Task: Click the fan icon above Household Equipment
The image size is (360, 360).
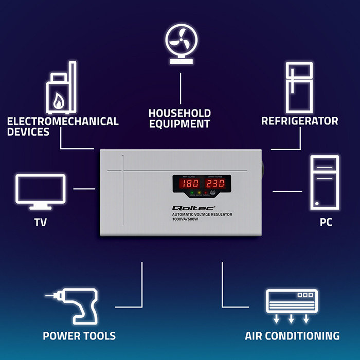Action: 181,43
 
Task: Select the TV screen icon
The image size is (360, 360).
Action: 40,191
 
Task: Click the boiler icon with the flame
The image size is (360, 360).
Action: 61,89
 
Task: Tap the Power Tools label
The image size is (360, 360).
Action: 79,336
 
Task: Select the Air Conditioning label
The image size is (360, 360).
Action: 292,336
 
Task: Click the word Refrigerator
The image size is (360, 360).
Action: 300,121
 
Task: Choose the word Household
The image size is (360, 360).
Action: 179,113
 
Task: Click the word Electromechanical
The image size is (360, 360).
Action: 63,122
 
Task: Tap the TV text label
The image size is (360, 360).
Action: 40,223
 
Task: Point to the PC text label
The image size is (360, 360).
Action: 325,223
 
